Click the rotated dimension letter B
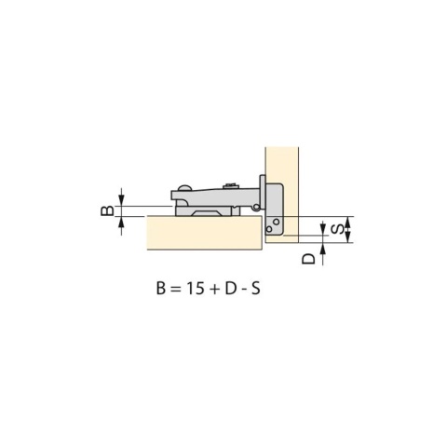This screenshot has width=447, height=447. point(107,211)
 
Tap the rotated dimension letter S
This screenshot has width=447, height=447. point(337,229)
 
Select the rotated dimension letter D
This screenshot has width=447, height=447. point(308,258)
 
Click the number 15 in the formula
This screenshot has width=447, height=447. point(196,289)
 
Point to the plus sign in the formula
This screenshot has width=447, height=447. point(214,289)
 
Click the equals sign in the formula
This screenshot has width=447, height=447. point(175,289)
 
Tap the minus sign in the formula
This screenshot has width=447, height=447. point(244,291)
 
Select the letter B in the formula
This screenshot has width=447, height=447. point(161,289)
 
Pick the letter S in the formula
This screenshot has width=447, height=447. point(255,289)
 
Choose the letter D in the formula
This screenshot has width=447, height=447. point(230,289)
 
